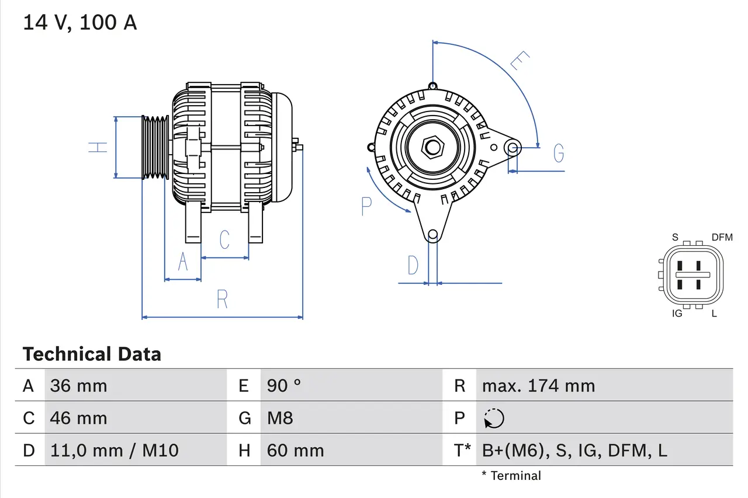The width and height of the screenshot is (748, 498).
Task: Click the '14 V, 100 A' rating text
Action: tap(79, 23)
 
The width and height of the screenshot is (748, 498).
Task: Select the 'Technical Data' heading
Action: tap(92, 354)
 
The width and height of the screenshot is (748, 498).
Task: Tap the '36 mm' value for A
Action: tap(78, 385)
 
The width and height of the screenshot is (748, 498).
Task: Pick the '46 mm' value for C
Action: tap(78, 418)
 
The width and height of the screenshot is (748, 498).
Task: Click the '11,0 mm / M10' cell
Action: tap(114, 450)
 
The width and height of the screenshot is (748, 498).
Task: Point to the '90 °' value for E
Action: tap(283, 385)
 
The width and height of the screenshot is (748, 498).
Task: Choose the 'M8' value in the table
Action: tap(280, 418)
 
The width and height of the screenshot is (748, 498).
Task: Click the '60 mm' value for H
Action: tap(295, 450)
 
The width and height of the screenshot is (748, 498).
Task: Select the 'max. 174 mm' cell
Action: tap(538, 385)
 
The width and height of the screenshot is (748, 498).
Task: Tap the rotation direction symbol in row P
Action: tap(494, 418)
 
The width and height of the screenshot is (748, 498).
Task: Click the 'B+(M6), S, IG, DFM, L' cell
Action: tap(574, 450)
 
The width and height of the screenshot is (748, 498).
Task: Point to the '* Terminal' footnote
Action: tap(511, 476)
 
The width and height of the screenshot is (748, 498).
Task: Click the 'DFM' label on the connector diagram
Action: tap(722, 237)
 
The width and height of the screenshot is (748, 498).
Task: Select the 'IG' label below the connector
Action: tap(677, 314)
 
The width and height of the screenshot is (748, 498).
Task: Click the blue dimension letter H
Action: tap(99, 147)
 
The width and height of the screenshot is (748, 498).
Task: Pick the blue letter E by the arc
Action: tap(520, 61)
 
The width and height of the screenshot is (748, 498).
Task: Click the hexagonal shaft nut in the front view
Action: tap(432, 147)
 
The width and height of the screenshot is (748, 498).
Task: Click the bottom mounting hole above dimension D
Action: tap(432, 235)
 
